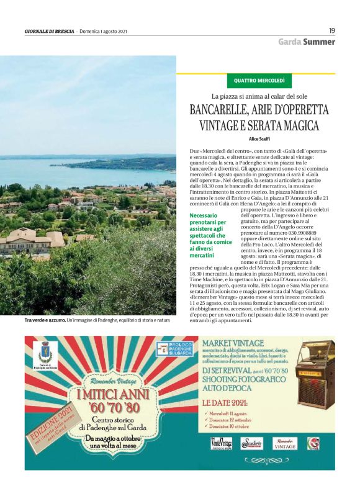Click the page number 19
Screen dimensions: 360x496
click(x=332, y=30)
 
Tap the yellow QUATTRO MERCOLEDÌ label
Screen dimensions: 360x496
click(x=259, y=81)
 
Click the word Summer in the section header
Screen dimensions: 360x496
click(x=319, y=42)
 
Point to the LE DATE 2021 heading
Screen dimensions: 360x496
click(x=229, y=402)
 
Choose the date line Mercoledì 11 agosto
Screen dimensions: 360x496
click(x=230, y=413)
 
